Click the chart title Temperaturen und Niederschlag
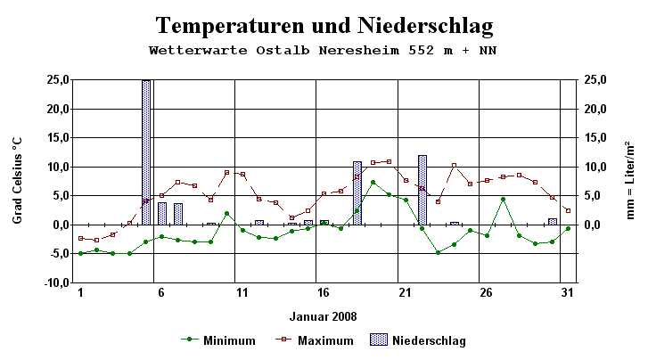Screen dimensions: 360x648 (324, 24)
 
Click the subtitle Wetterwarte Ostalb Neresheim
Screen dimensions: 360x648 (324, 50)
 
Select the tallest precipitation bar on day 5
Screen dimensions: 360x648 (146, 151)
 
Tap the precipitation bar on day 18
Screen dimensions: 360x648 (357, 192)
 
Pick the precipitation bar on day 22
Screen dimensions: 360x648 (422, 190)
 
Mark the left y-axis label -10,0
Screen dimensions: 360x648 (56, 282)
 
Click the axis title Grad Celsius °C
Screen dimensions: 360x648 (17, 181)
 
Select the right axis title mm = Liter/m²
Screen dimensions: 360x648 (631, 181)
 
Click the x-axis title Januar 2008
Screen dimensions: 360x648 (324, 316)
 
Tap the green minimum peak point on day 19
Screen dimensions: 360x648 (373, 183)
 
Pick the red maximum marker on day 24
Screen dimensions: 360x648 (455, 166)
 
